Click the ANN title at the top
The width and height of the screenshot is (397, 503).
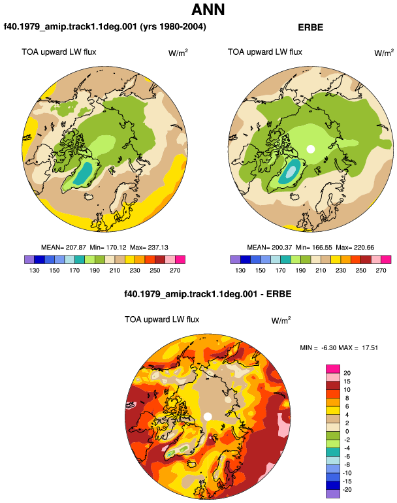click(208, 9)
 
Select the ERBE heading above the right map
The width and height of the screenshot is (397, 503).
click(310, 27)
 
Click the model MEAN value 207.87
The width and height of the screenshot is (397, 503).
click(76, 248)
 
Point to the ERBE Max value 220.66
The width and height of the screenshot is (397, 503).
click(364, 248)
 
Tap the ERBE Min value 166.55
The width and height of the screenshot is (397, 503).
click(322, 248)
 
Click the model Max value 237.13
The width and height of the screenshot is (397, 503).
click(158, 248)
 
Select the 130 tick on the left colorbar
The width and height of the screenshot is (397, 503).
click(35, 270)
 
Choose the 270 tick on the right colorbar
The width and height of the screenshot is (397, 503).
click(381, 270)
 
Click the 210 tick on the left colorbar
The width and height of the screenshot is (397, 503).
click(114, 270)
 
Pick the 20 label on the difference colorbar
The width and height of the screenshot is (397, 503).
click(347, 373)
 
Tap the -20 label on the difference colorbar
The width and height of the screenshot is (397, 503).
click(346, 489)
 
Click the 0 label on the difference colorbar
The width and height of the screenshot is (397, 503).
click(347, 431)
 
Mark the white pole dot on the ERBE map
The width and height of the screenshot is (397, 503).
click(310, 149)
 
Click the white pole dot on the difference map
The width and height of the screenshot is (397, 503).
click(208, 416)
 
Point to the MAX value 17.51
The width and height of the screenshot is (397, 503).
click(370, 348)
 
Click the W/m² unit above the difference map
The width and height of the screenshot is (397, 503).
click(281, 320)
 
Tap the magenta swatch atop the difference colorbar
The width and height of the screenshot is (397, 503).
click(333, 368)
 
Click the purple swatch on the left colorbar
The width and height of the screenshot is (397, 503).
click(29, 259)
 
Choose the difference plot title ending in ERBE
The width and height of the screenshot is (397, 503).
click(208, 294)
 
